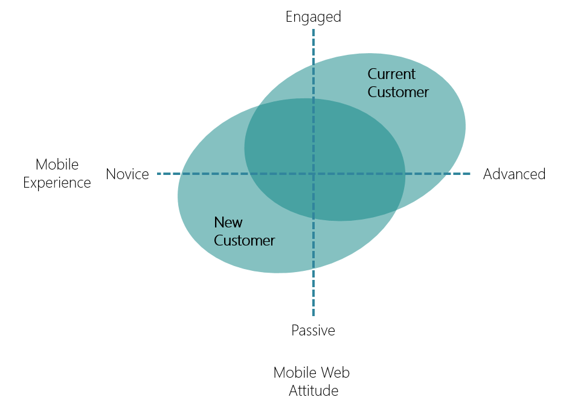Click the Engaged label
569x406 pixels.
point(313,17)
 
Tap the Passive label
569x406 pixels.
point(313,331)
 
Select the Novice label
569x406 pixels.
point(127,174)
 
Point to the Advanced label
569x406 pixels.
point(514,174)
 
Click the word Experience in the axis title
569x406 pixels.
point(57,183)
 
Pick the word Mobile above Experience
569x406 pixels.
point(57,164)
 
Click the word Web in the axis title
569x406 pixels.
point(335,372)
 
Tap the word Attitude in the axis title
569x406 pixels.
point(313,390)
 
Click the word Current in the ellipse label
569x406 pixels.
point(391,74)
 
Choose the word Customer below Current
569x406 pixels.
point(398,92)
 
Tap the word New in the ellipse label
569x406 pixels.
point(228,222)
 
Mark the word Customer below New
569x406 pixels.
point(244,241)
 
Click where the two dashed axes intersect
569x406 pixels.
point(313,174)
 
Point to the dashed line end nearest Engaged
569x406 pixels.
point(313,30)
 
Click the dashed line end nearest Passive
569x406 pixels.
point(313,315)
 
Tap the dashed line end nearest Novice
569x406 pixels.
point(158,174)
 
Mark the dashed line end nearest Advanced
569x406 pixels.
point(470,174)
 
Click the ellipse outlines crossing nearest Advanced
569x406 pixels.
point(396,209)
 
